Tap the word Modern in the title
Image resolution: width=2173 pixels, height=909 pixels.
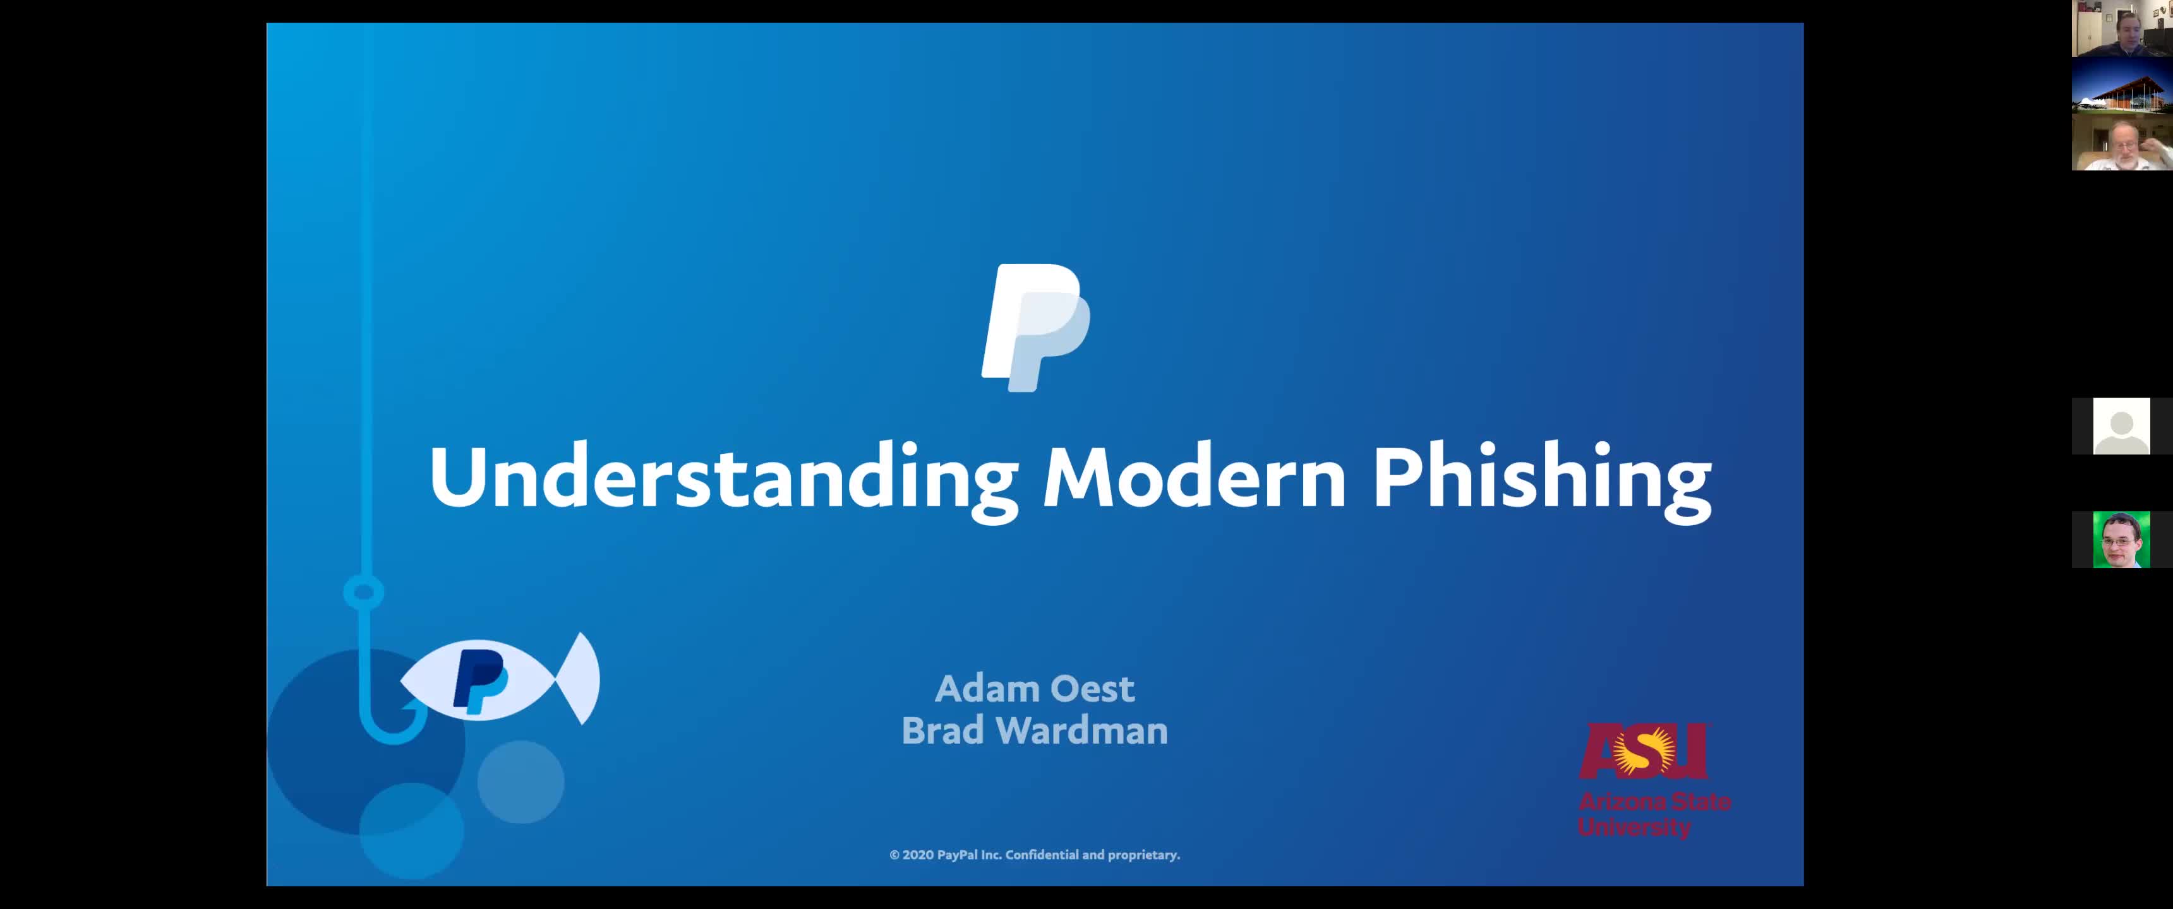[x=1195, y=477]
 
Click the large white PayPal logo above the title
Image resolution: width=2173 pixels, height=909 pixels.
[x=1035, y=327]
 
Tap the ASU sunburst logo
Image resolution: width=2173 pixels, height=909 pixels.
[x=1643, y=751]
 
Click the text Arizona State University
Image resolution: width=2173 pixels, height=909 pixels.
[x=1654, y=814]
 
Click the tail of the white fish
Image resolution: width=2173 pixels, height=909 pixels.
[x=581, y=678]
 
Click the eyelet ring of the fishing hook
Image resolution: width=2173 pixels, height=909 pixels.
[x=364, y=592]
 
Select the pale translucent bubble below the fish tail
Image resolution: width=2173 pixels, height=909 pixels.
[x=521, y=781]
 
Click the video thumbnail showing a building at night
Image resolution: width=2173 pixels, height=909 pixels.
[x=2122, y=85]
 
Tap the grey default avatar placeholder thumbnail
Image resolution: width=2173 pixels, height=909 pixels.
[x=2122, y=427]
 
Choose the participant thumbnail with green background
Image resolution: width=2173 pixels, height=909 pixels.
[x=2122, y=540]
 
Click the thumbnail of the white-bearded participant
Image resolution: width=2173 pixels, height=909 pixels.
[x=2122, y=141]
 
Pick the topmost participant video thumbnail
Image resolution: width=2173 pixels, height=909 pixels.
[x=2122, y=28]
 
